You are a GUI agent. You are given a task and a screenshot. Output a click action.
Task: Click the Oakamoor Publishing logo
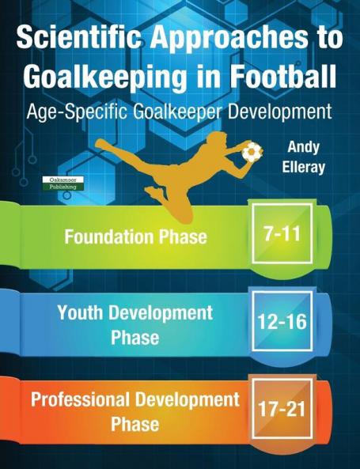[x=63, y=183]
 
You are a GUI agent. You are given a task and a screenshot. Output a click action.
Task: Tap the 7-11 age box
[x=281, y=233]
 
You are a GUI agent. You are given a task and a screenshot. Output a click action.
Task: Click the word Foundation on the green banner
[x=110, y=236]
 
